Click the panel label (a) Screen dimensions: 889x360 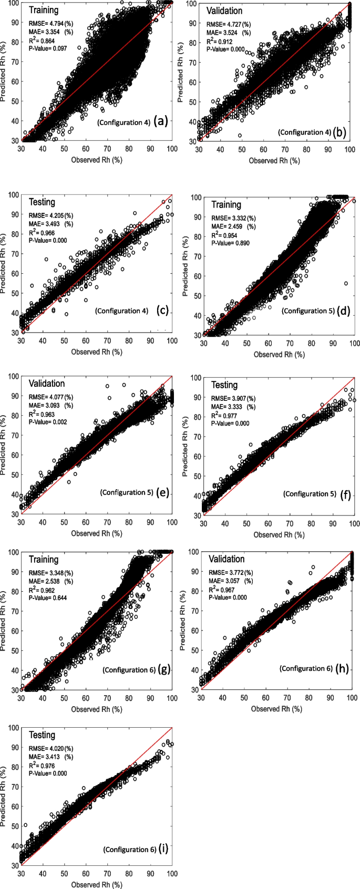[160, 122]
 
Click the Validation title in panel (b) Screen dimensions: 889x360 [224, 11]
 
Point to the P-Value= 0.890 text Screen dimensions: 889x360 [231, 243]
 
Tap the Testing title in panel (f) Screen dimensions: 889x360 [224, 385]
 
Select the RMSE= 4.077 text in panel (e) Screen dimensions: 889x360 [50, 397]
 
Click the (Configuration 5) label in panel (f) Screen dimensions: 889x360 [309, 493]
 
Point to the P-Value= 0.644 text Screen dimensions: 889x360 [48, 598]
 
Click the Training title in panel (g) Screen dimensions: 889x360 [44, 559]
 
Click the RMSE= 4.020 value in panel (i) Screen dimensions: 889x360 [50, 748]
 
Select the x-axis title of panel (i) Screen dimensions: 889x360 [97, 884]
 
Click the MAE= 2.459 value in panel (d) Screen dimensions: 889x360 [233, 226]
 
